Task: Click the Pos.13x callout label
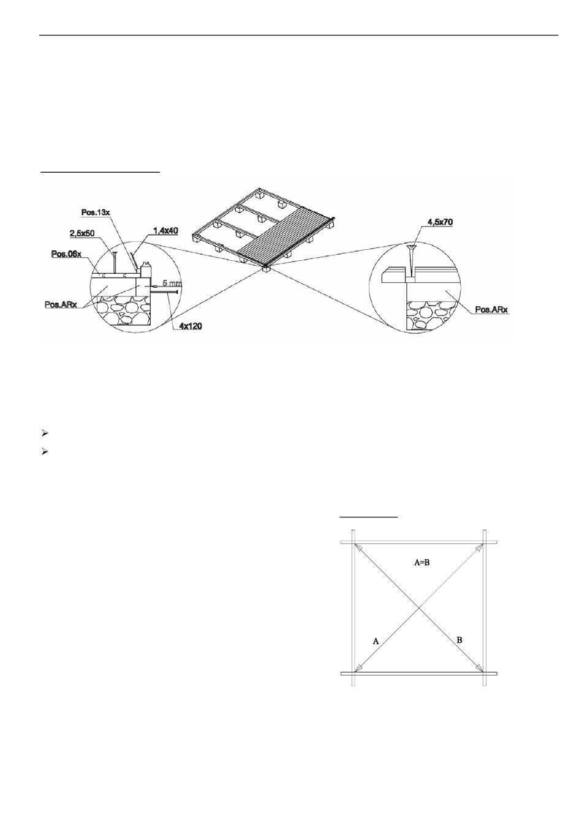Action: tap(95, 213)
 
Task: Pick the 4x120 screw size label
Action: tap(191, 326)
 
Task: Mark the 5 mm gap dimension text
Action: tap(172, 284)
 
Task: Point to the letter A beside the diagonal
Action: tap(376, 641)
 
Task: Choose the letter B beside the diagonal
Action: tap(459, 640)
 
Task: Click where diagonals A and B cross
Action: tap(419, 608)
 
